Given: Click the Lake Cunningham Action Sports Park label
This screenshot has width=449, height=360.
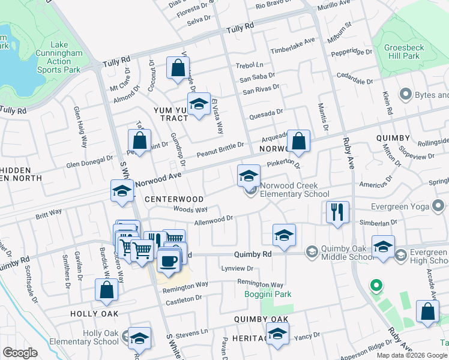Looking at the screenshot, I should [x=59, y=57].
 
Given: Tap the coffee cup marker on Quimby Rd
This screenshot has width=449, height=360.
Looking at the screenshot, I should [x=167, y=261].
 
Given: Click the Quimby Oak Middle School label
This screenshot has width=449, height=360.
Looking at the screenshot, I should [x=340, y=254].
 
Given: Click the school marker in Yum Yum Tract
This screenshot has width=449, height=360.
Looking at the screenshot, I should [x=198, y=104].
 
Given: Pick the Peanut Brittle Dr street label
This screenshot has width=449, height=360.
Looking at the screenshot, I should [x=220, y=145].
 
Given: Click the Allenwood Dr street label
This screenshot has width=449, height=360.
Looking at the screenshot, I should [x=214, y=221].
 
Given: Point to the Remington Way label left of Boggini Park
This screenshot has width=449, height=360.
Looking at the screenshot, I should [x=185, y=284].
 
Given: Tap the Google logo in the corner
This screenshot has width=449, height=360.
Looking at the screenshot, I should [x=20, y=353].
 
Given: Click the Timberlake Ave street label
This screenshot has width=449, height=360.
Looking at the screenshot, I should [x=292, y=46].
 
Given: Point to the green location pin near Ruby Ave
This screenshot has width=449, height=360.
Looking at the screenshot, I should [x=376, y=286].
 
